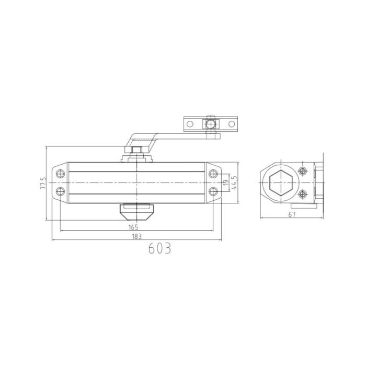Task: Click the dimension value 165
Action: [x=133, y=227]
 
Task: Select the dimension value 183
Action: [x=136, y=237]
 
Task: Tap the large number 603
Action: [x=159, y=248]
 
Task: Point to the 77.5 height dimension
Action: [x=44, y=185]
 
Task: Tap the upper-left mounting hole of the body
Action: [x=60, y=173]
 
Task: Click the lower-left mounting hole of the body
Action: [x=60, y=191]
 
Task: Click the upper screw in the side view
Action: [x=302, y=171]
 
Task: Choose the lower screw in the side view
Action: [x=302, y=195]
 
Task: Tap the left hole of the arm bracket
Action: [x=190, y=124]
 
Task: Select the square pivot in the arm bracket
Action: [x=211, y=124]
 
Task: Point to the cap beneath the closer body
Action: [x=136, y=212]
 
